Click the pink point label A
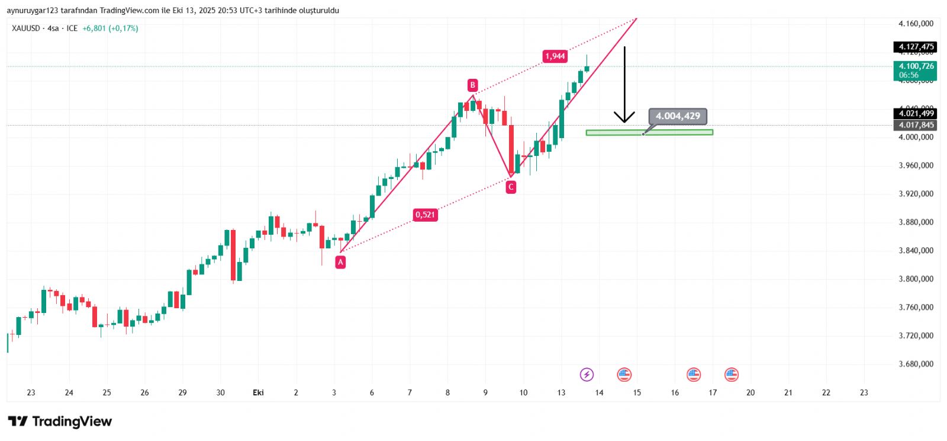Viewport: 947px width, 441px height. click(x=340, y=262)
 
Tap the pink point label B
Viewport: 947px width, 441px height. click(x=472, y=85)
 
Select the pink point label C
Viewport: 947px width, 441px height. click(x=511, y=187)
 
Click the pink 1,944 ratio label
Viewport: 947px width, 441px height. click(x=555, y=56)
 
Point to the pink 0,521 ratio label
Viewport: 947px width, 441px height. click(x=425, y=215)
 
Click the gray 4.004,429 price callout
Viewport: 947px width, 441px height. click(x=678, y=116)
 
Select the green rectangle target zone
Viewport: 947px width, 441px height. click(x=649, y=132)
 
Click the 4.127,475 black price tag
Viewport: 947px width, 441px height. click(x=915, y=47)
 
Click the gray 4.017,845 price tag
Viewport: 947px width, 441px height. click(x=915, y=125)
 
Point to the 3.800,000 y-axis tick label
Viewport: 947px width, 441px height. click(x=916, y=279)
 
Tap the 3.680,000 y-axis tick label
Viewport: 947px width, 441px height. click(x=916, y=364)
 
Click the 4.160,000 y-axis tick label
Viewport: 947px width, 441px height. click(x=916, y=24)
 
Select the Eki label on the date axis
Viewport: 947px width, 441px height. click(x=258, y=392)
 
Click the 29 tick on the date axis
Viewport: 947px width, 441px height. click(x=182, y=392)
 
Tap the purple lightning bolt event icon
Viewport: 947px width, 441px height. click(x=587, y=374)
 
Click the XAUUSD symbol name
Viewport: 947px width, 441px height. click(x=26, y=28)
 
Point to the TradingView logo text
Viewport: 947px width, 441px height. click(x=72, y=421)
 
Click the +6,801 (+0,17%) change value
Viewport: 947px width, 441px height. click(x=110, y=28)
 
